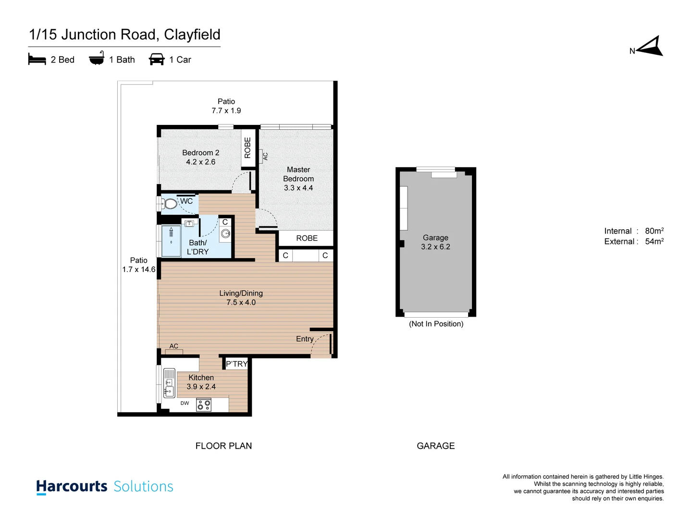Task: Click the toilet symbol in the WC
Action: pos(169,204)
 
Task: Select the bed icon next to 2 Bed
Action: pos(37,60)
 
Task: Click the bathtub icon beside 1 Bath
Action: pos(97,59)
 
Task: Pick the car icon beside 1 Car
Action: pos(157,60)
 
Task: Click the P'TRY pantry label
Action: pos(236,364)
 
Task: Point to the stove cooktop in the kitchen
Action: pos(204,405)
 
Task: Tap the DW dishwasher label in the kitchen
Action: pos(185,403)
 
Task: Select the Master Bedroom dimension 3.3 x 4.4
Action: pos(298,188)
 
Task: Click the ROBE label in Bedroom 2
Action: pos(247,148)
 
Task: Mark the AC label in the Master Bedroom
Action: pos(265,156)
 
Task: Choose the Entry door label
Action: pos(305,339)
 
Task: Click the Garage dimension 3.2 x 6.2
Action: pos(435,247)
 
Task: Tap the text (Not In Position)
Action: pos(436,324)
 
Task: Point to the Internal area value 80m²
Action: pos(654,231)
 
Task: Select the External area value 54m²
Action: pos(654,242)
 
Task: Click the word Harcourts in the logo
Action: pos(72,486)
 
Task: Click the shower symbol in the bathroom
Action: pos(171,241)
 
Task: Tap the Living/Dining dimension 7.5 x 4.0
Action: pos(241,302)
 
